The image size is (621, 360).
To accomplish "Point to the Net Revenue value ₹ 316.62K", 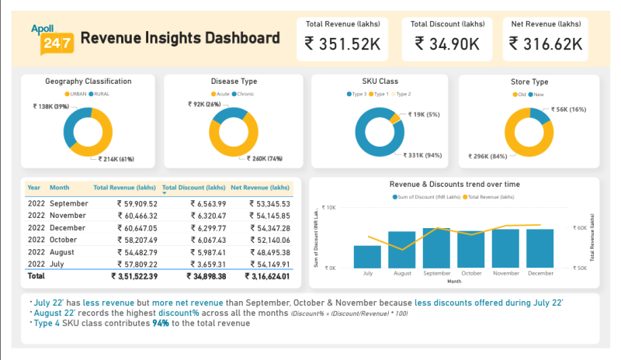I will [x=546, y=43].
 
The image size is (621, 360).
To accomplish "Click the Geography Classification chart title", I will [x=88, y=81].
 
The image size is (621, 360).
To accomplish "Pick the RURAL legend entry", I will [x=100, y=94].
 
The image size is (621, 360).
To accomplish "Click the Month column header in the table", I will [x=60, y=188].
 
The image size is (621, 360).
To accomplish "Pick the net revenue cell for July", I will [x=269, y=265].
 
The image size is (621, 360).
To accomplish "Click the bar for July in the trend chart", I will [x=367, y=256].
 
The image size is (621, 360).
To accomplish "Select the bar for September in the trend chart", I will [x=436, y=247].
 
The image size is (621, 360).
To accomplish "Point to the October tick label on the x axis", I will [x=471, y=273].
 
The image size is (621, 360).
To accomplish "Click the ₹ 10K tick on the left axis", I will [x=328, y=208].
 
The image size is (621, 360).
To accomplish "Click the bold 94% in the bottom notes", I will [x=161, y=323].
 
